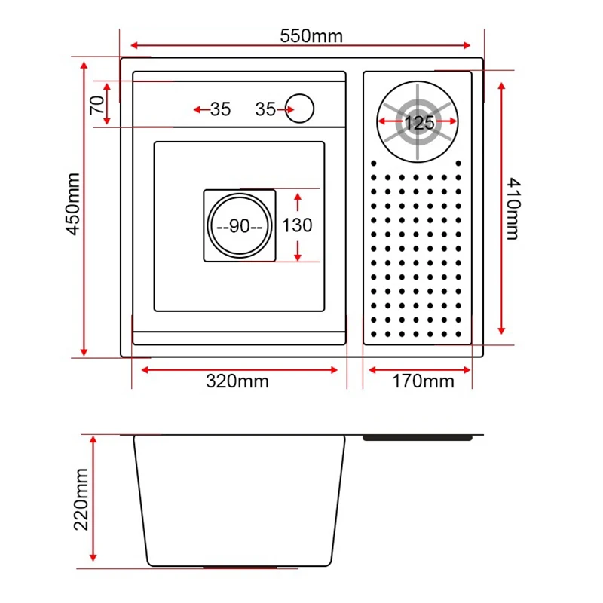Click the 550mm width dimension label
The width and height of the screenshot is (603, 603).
[311, 36]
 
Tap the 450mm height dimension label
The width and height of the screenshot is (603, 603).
[73, 204]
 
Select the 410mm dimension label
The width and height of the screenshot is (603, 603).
[512, 208]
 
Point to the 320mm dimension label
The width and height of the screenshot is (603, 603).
[237, 381]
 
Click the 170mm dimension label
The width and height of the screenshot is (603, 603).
[423, 381]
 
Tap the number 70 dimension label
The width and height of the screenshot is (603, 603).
[96, 103]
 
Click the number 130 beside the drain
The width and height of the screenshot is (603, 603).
[297, 225]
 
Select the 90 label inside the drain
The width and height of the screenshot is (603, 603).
[239, 226]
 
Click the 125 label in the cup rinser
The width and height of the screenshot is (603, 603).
[419, 122]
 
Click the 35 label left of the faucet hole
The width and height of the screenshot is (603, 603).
[265, 109]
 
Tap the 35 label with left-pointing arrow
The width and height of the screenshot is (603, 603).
[220, 109]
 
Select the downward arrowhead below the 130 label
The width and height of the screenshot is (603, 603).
[298, 254]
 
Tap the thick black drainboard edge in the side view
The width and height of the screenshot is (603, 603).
[418, 437]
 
